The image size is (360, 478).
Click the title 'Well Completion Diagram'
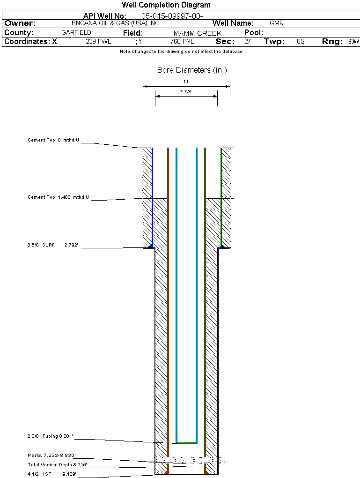166,5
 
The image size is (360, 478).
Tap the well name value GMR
277,23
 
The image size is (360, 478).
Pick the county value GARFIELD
76,33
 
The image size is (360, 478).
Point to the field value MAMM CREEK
197,33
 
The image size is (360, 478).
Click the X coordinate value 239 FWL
98,42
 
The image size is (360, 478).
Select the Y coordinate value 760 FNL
182,42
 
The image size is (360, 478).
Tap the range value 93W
353,42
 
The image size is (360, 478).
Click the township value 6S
301,42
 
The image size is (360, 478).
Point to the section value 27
248,42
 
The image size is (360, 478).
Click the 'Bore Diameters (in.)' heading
192,70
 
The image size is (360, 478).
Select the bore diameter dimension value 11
186,82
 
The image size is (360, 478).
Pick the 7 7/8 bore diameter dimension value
186,92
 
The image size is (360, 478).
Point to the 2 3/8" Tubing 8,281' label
50,437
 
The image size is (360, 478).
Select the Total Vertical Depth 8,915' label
57,465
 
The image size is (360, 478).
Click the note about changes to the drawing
181,52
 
